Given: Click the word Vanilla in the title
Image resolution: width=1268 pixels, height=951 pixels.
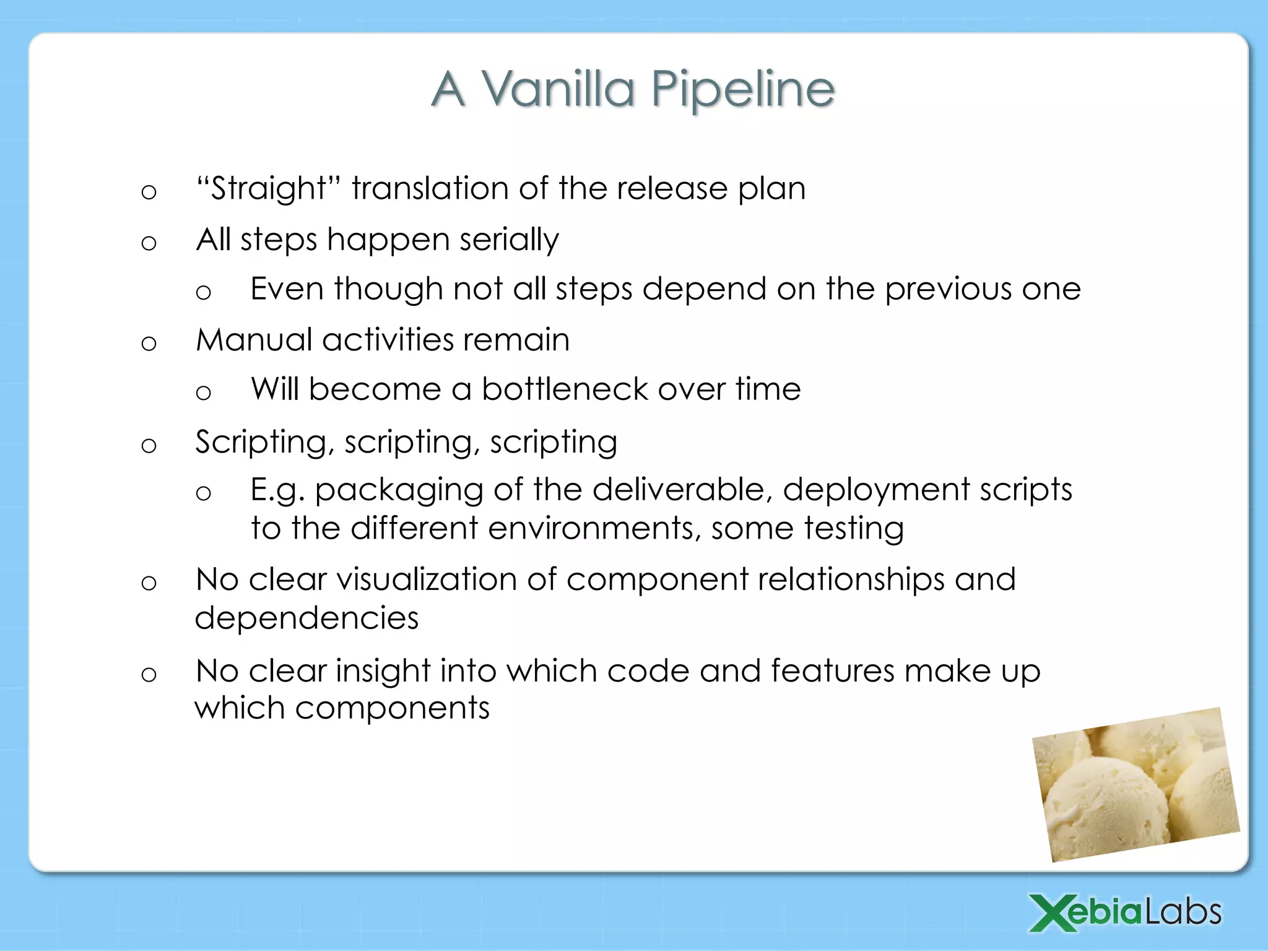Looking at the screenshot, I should tap(558, 89).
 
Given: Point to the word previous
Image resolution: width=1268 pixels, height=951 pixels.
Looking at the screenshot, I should tap(948, 289).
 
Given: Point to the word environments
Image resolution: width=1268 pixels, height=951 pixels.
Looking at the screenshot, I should tap(594, 529).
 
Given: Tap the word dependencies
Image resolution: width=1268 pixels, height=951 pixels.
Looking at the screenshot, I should tap(306, 619).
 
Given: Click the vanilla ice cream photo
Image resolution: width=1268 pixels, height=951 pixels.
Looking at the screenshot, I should tap(1137, 785).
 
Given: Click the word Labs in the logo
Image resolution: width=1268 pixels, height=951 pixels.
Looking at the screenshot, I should tap(1183, 913).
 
